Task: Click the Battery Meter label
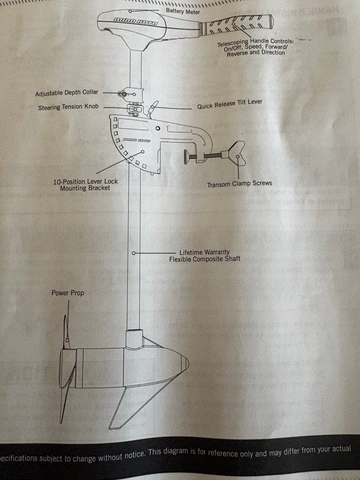tap(183, 12)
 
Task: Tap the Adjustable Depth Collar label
tap(66, 93)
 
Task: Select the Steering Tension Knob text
tap(68, 107)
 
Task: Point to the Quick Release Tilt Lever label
tap(229, 104)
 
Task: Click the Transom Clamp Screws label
tap(239, 184)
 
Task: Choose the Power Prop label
tap(67, 293)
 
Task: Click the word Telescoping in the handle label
tap(233, 43)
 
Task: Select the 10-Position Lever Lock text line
tap(85, 181)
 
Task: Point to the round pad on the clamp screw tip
tap(186, 156)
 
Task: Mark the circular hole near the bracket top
tap(158, 129)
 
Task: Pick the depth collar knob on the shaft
tap(123, 94)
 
